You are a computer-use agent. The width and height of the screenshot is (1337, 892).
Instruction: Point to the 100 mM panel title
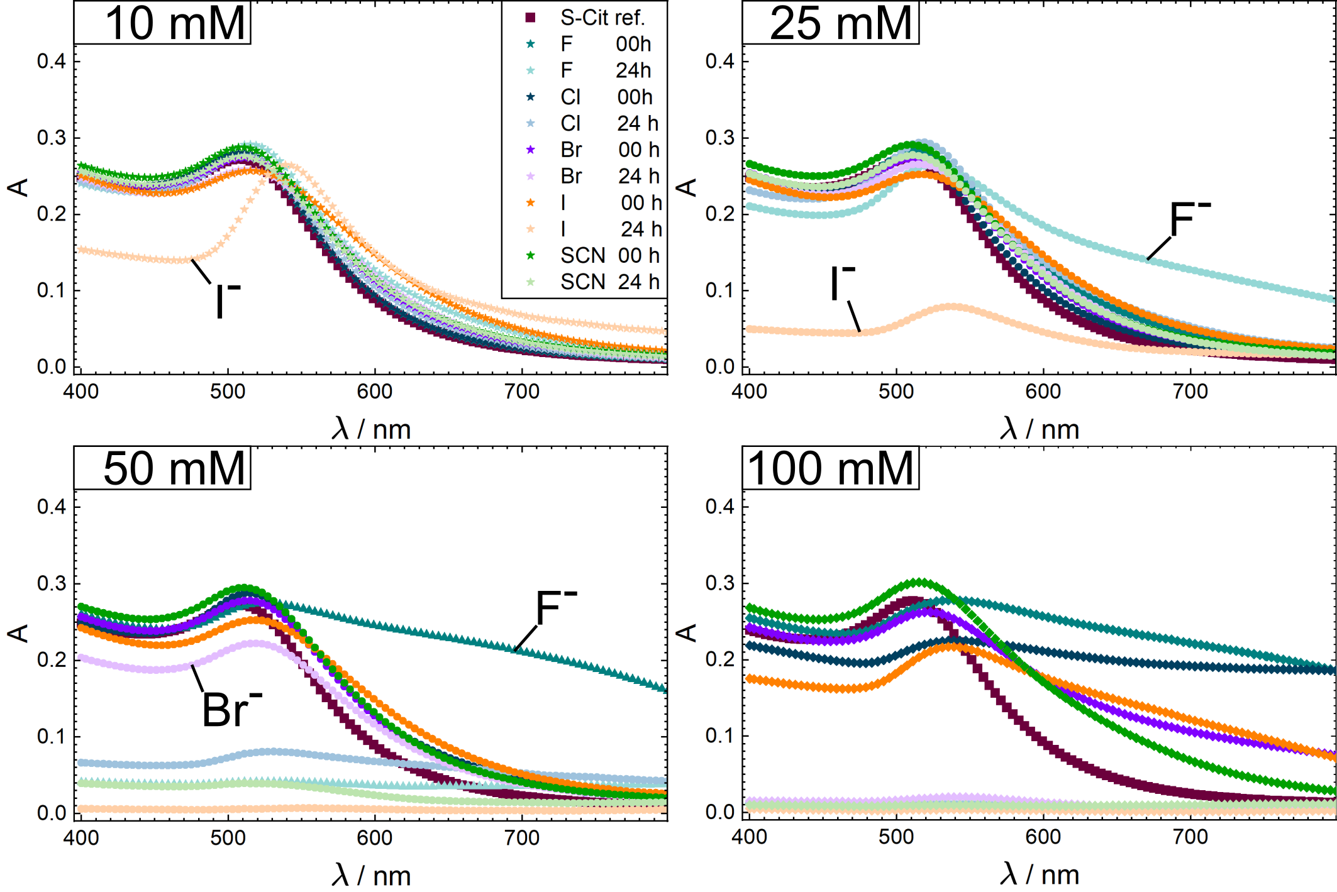830,468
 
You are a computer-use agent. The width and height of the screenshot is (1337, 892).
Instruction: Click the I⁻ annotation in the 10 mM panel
226,301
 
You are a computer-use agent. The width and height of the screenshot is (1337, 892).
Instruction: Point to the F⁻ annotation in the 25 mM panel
1189,220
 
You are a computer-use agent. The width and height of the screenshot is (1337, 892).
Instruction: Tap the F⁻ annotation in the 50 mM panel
555,608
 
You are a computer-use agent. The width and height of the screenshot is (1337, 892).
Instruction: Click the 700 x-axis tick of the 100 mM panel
1190,837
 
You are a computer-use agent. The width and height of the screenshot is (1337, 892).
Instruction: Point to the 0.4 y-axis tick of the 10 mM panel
51,61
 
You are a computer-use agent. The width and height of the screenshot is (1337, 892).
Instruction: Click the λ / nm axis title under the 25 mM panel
1039,429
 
